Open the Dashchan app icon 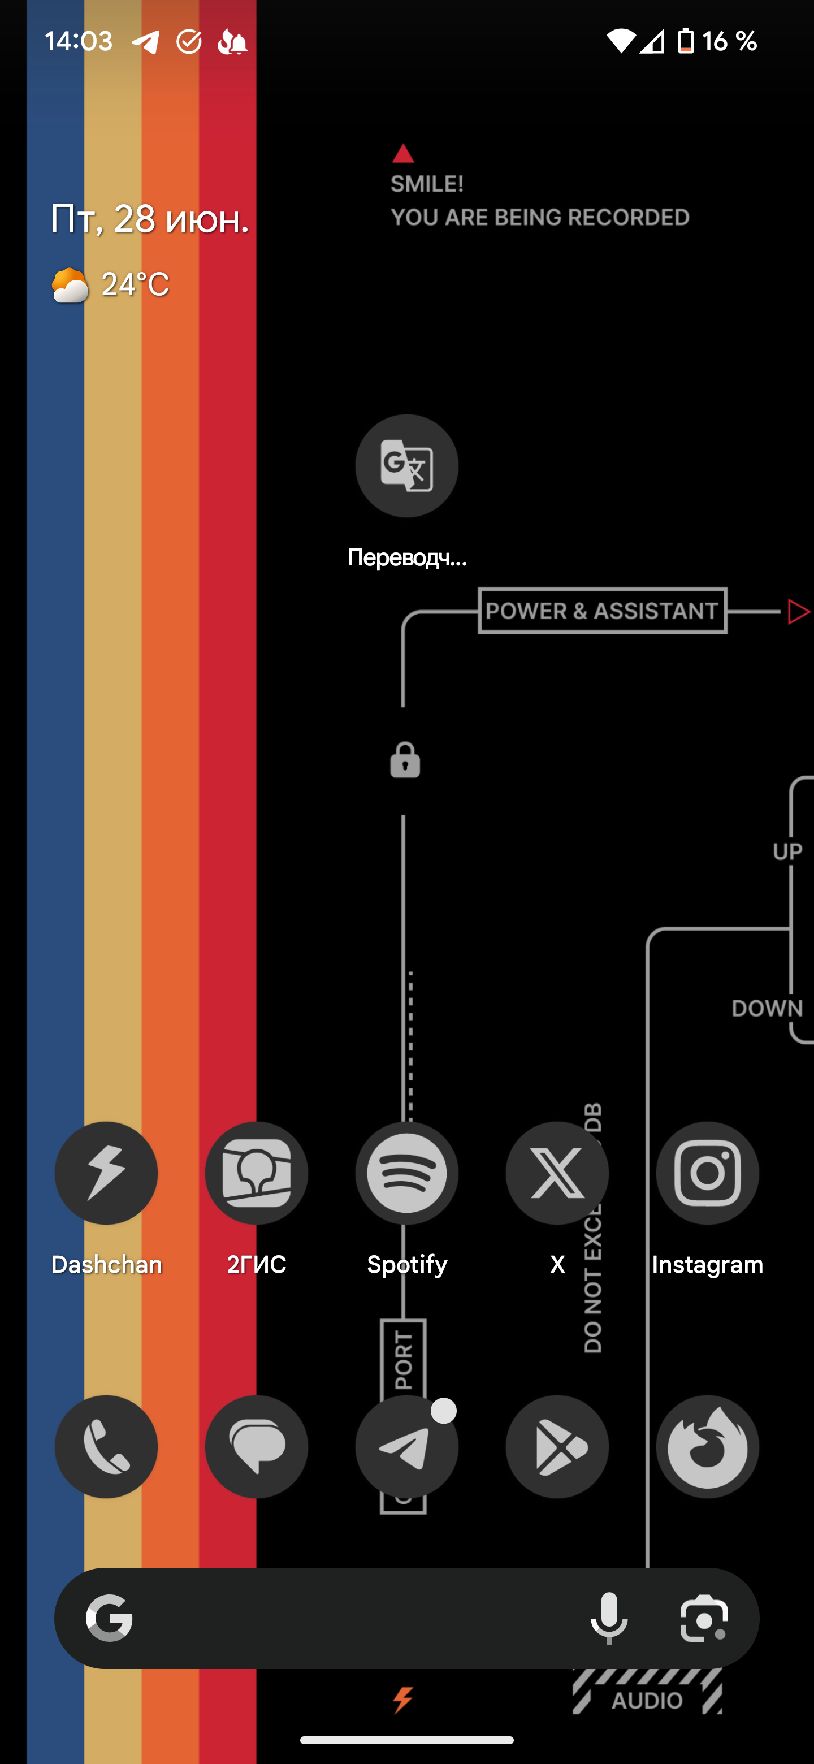106,1173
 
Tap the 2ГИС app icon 256,1173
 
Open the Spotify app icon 406,1173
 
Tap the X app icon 557,1173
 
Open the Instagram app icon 707,1173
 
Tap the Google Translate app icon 406,466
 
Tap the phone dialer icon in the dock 106,1446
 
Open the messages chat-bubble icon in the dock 256,1446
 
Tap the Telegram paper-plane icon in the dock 406,1446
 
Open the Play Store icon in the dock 557,1446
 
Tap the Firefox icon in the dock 707,1446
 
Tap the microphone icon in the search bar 609,1618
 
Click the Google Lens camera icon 704,1618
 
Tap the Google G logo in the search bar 110,1618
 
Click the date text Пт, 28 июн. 150,219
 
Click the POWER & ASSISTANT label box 602,611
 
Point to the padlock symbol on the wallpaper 405,760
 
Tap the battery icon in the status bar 685,41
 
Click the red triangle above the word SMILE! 403,155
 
